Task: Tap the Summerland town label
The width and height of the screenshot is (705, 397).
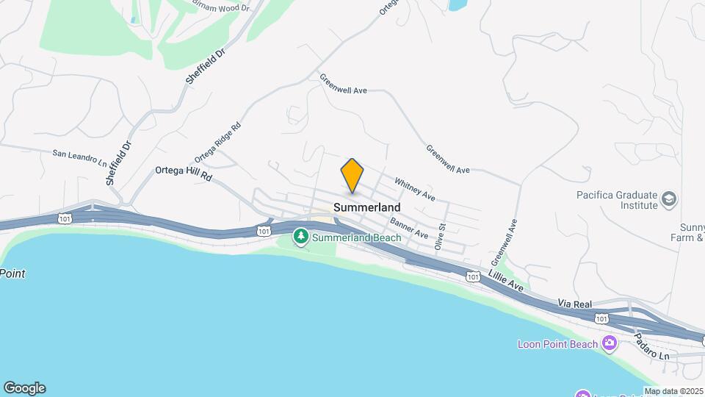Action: click(x=367, y=208)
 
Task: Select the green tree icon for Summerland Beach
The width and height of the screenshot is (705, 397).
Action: click(x=300, y=237)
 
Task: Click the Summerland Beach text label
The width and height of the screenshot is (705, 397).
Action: click(x=357, y=237)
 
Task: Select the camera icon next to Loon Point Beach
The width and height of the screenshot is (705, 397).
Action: click(x=609, y=343)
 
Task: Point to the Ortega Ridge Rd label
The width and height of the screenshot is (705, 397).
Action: click(x=217, y=142)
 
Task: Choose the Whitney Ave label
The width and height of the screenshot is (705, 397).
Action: click(x=415, y=189)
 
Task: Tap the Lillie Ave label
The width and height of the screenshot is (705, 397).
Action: click(x=505, y=282)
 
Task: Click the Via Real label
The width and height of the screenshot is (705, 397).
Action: click(x=575, y=303)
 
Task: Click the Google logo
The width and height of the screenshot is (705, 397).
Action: click(x=24, y=388)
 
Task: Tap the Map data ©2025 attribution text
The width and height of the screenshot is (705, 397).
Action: click(x=674, y=391)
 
